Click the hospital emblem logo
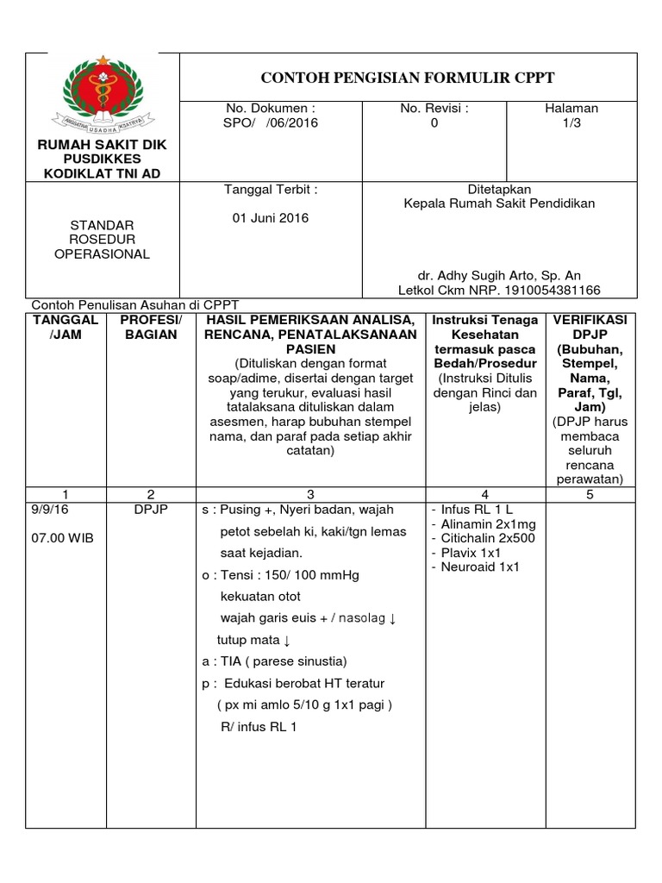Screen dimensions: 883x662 pyautogui.click(x=102, y=94)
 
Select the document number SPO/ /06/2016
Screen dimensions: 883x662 pyautogui.click(x=271, y=123)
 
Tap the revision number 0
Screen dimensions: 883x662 pyautogui.click(x=434, y=123)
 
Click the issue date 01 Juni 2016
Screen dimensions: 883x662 pyautogui.click(x=271, y=217)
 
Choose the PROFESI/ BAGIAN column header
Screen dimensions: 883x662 pyautogui.click(x=151, y=327)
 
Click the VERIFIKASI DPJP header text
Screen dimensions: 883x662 pyautogui.click(x=591, y=327)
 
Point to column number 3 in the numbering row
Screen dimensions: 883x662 pyautogui.click(x=309, y=494)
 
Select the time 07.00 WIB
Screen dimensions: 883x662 pyautogui.click(x=61, y=538)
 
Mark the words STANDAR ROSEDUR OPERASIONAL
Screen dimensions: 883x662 pyautogui.click(x=102, y=239)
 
